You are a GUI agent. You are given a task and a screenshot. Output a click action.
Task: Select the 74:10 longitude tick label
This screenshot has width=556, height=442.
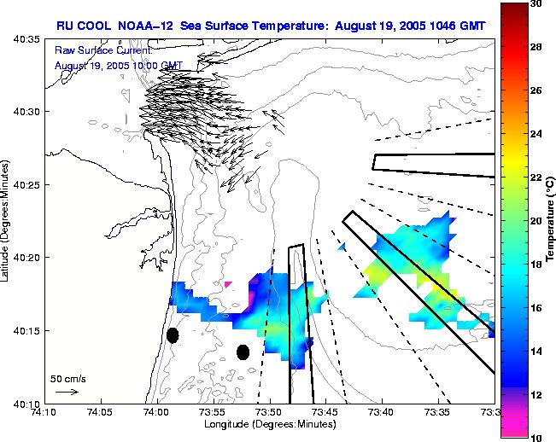tap(44, 412)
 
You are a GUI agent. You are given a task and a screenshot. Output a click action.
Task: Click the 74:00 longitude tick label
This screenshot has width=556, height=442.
tap(155, 412)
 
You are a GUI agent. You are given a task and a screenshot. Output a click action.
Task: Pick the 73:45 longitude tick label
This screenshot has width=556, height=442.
tap(325, 412)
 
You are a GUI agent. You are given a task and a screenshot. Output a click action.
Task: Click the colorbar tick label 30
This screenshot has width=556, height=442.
tap(536, 3)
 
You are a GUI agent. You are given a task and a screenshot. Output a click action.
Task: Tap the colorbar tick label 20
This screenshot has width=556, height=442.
tap(536, 220)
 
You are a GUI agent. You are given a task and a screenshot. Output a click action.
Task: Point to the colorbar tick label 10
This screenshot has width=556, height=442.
tap(536, 437)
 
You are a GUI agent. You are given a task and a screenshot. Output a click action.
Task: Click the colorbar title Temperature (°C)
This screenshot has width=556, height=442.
tap(552, 220)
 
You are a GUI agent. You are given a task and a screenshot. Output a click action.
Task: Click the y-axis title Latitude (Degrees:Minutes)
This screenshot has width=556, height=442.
tap(7, 220)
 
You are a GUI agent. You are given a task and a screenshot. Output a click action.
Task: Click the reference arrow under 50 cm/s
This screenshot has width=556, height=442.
tap(67, 392)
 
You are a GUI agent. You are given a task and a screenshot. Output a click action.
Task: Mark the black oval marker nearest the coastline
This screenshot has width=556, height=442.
tap(173, 335)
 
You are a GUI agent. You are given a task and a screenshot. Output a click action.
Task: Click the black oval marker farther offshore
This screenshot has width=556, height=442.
tap(243, 352)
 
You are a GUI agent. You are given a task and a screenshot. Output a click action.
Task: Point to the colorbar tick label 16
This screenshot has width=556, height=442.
tap(536, 307)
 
